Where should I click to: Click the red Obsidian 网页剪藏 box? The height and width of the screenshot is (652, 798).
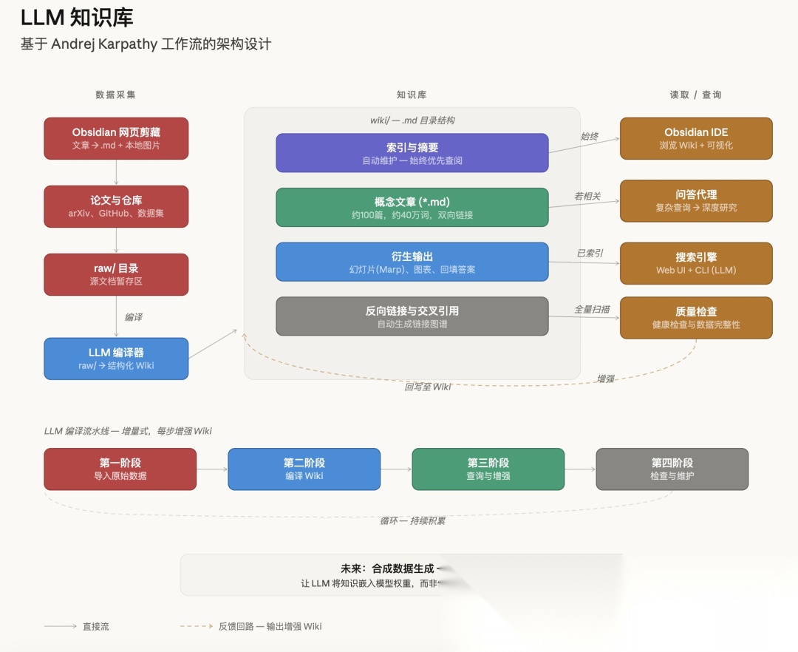[116, 138]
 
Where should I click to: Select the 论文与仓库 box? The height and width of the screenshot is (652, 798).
[116, 206]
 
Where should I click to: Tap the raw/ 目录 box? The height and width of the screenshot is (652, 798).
[116, 274]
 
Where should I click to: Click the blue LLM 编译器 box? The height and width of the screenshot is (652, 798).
[116, 359]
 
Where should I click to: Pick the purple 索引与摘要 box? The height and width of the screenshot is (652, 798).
[412, 153]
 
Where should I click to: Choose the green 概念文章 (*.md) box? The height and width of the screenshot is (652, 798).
[412, 208]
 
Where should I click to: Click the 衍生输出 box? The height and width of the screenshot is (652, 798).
[412, 262]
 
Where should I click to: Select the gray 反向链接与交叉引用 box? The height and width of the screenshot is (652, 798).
[412, 316]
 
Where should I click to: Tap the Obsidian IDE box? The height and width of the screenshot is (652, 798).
[696, 138]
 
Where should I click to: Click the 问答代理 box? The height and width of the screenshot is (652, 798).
[696, 200]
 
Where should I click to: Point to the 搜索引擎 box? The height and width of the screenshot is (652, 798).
[696, 263]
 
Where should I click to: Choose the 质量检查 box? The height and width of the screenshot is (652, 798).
[696, 318]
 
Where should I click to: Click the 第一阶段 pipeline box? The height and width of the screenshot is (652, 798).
[120, 469]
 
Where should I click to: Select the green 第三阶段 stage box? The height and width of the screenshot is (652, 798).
[488, 469]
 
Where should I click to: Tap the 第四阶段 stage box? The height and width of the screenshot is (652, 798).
[672, 469]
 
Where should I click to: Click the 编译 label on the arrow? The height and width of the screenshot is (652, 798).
[134, 317]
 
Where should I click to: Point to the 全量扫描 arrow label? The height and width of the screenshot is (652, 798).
[593, 309]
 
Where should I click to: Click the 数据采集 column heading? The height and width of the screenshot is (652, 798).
[116, 95]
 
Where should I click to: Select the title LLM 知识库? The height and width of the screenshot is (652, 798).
[77, 18]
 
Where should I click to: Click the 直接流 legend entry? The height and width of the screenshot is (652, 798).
[95, 626]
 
